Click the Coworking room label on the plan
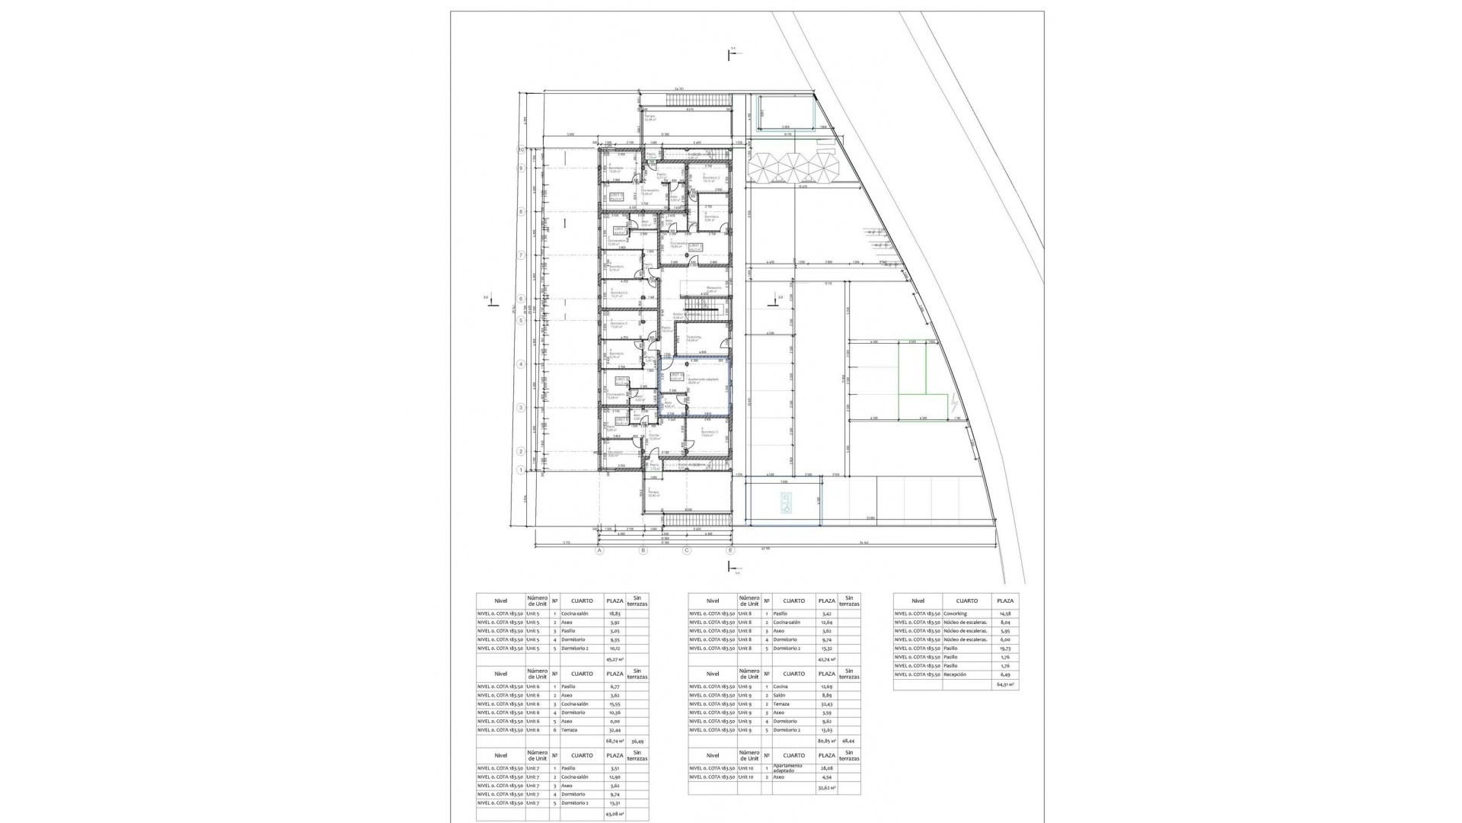click(694, 338)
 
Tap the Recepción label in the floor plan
click(713, 289)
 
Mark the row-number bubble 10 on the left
click(522, 149)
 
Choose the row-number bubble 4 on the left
click(522, 364)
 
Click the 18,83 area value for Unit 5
click(614, 613)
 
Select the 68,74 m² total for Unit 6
click(614, 741)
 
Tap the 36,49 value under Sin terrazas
click(637, 741)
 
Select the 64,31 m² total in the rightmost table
click(1006, 685)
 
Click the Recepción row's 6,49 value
click(1006, 674)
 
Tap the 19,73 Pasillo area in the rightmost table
click(1006, 648)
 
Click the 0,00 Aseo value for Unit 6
click(614, 721)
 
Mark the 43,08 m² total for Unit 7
click(614, 814)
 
